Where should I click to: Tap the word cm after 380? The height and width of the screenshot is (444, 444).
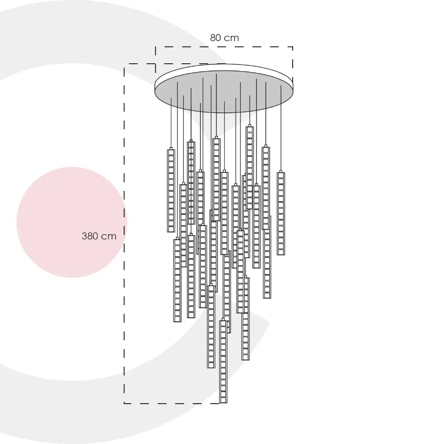109,236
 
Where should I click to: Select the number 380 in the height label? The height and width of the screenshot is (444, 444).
91,236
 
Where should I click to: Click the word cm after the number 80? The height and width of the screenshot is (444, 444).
232,38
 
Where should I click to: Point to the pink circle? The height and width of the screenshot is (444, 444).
72,222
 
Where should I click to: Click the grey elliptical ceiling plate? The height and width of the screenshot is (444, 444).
224,91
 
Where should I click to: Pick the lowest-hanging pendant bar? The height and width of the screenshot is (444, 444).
223,361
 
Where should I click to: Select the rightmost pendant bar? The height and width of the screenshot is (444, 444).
281,213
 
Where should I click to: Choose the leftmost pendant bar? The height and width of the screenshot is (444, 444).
171,190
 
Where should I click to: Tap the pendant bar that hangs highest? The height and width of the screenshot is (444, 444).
249,167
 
